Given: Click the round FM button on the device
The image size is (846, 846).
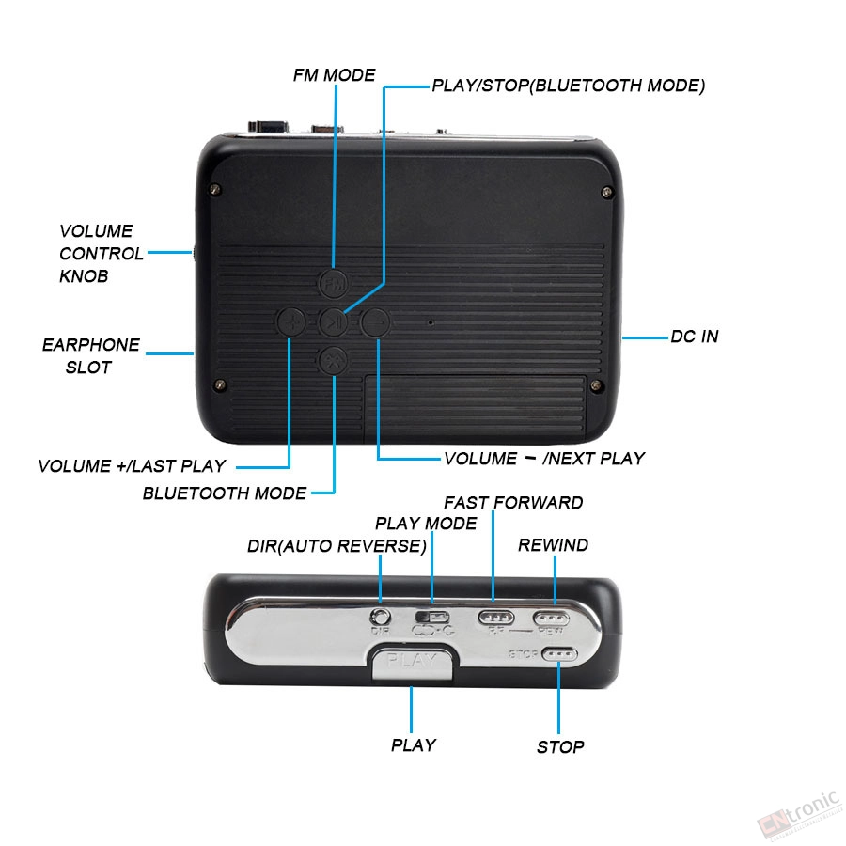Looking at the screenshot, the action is (x=334, y=283).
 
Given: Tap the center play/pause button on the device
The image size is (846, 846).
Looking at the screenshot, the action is (x=334, y=322).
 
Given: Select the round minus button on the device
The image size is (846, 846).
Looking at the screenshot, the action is (x=375, y=322).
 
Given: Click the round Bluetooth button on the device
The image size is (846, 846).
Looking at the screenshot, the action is (x=334, y=360).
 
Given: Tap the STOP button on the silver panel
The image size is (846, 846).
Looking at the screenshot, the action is (x=559, y=654).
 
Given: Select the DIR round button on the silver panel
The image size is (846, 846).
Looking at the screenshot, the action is (x=381, y=616).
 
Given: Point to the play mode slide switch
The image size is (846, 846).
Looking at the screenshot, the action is (x=432, y=617).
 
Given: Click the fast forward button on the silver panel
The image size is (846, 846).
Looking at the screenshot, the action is (x=495, y=617).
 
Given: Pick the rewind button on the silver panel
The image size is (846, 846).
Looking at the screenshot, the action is (x=551, y=618).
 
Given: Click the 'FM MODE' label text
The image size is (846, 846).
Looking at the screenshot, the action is (x=334, y=75).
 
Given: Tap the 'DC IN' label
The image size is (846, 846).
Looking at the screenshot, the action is (x=695, y=337).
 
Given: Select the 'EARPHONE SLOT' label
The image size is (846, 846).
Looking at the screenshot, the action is (x=90, y=356).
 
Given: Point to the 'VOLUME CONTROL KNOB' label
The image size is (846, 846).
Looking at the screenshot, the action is (x=101, y=254).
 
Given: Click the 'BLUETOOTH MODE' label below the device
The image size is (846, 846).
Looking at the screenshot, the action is (x=225, y=493).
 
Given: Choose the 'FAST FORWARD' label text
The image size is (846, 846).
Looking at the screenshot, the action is (x=513, y=503).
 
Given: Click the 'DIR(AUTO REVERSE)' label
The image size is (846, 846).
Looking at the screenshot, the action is (x=337, y=546).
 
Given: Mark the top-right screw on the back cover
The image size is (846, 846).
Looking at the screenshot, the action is (x=607, y=192).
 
